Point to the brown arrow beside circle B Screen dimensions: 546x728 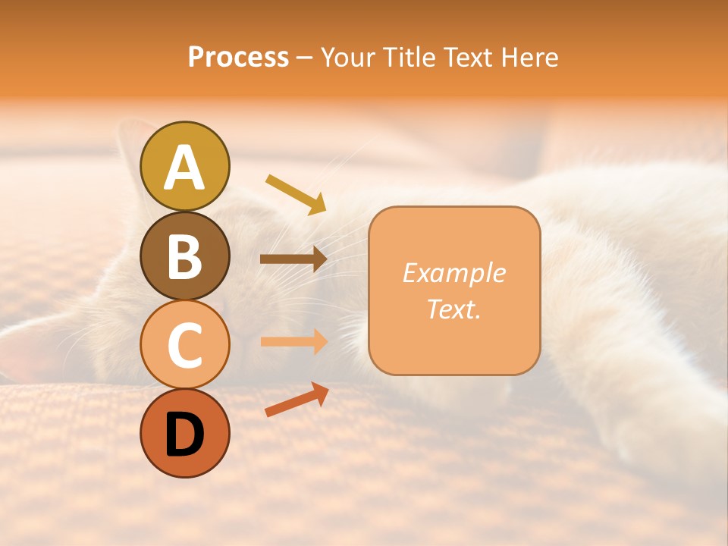pos(293,259)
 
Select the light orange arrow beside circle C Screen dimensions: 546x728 pos(293,341)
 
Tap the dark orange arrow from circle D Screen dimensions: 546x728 pos(297,400)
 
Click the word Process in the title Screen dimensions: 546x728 pos(238,57)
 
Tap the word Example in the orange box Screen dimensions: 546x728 pos(454,273)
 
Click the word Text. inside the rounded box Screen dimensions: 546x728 pos(454,309)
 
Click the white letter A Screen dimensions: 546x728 pos(185,168)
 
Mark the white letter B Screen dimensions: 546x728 pos(185,256)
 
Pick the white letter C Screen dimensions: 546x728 pos(185,345)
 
